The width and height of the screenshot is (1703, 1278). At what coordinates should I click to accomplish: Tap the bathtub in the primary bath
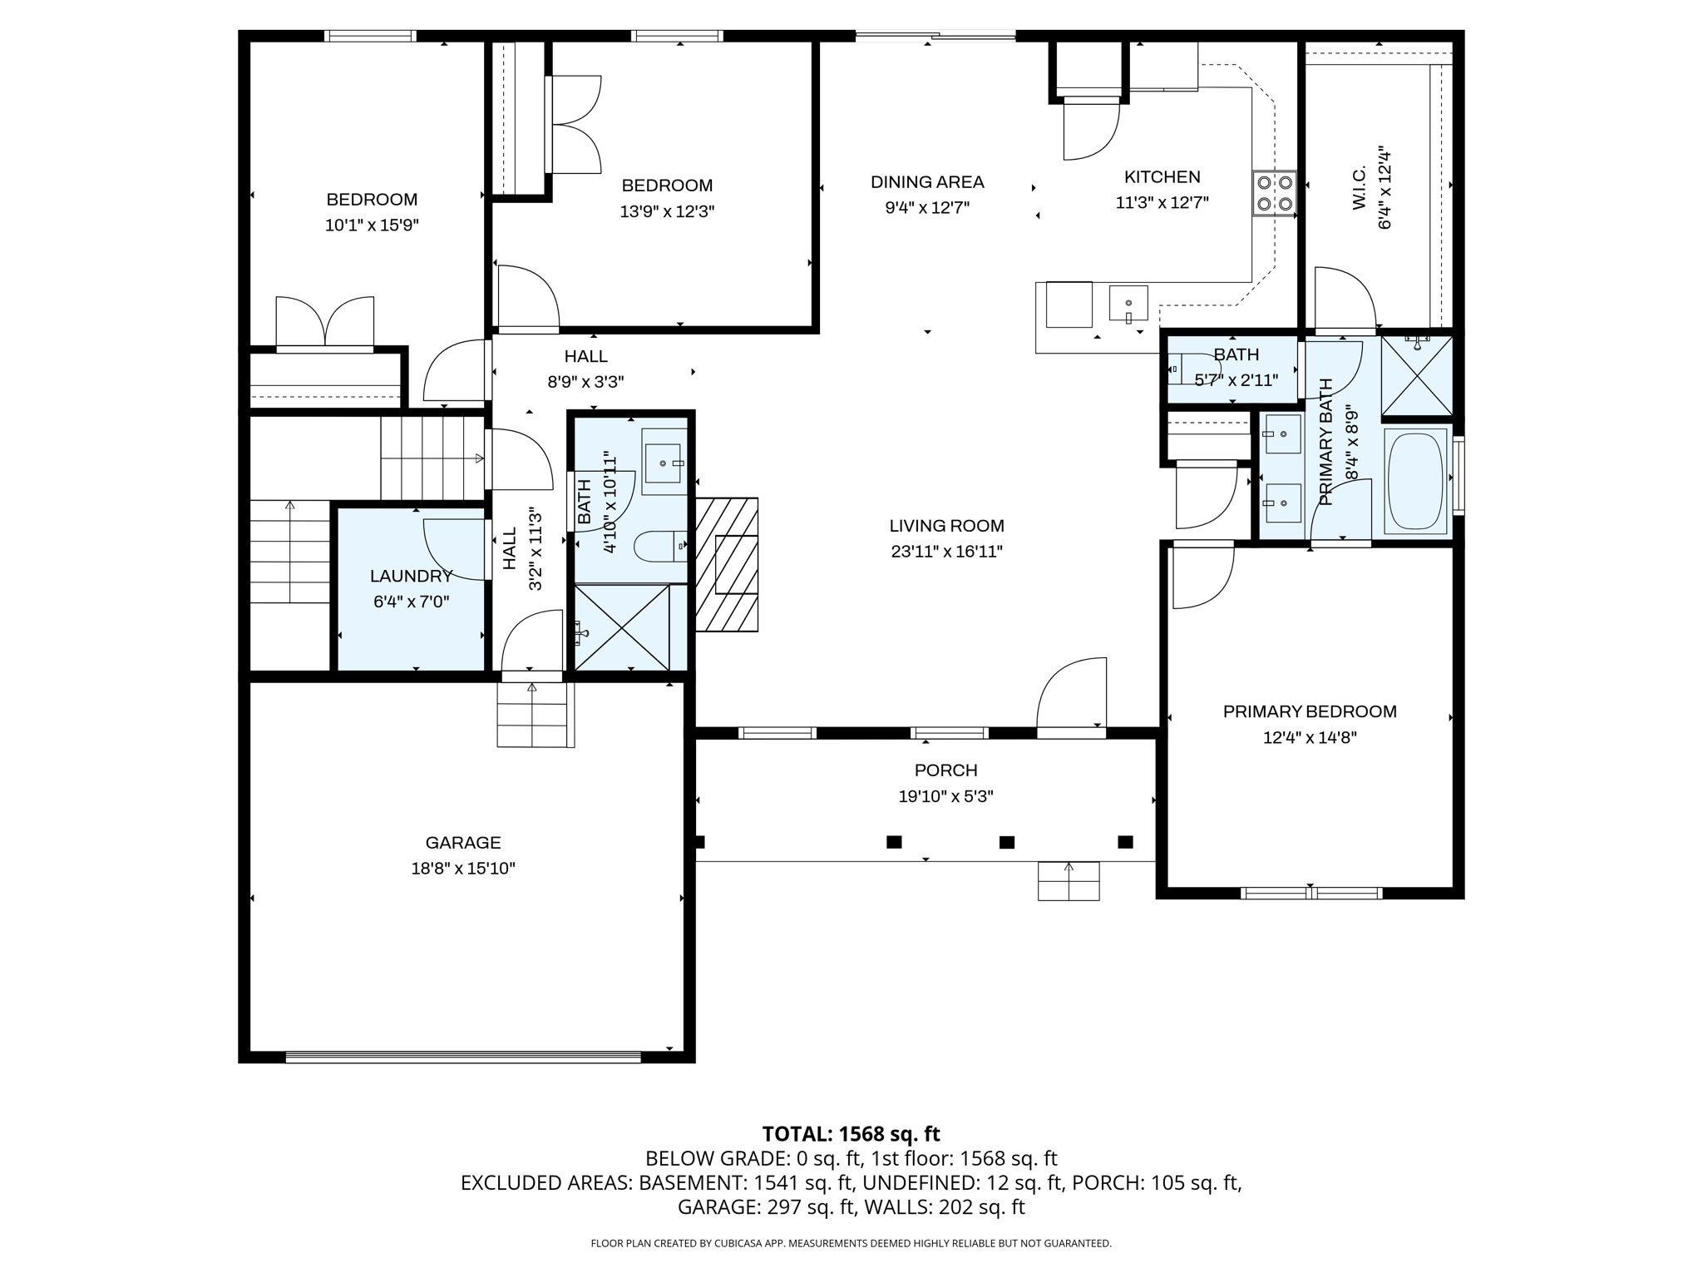1415,481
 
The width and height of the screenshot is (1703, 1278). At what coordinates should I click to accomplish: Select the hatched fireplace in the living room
726,564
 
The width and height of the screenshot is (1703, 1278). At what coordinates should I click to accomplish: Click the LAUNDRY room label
411,576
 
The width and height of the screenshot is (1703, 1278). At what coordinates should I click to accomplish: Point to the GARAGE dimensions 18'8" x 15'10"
463,869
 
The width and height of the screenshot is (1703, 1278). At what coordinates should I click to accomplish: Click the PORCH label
945,770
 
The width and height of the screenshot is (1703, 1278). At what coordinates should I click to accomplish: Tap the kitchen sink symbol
1128,304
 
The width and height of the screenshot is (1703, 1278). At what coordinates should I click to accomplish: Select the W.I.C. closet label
1360,188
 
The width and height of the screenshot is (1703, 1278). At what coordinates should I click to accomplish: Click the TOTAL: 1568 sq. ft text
851,1134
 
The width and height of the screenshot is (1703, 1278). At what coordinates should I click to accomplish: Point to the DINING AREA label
927,182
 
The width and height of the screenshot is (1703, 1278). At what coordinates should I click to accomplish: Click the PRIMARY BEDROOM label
1309,711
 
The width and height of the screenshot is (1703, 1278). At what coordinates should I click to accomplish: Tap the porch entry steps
1069,881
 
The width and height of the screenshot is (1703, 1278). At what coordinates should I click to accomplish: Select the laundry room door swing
453,549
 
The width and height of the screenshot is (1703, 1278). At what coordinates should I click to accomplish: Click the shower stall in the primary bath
1417,375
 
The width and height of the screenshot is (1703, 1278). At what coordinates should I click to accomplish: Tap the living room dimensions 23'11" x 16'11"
946,551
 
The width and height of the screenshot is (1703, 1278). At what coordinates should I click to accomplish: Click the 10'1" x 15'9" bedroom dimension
372,225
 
